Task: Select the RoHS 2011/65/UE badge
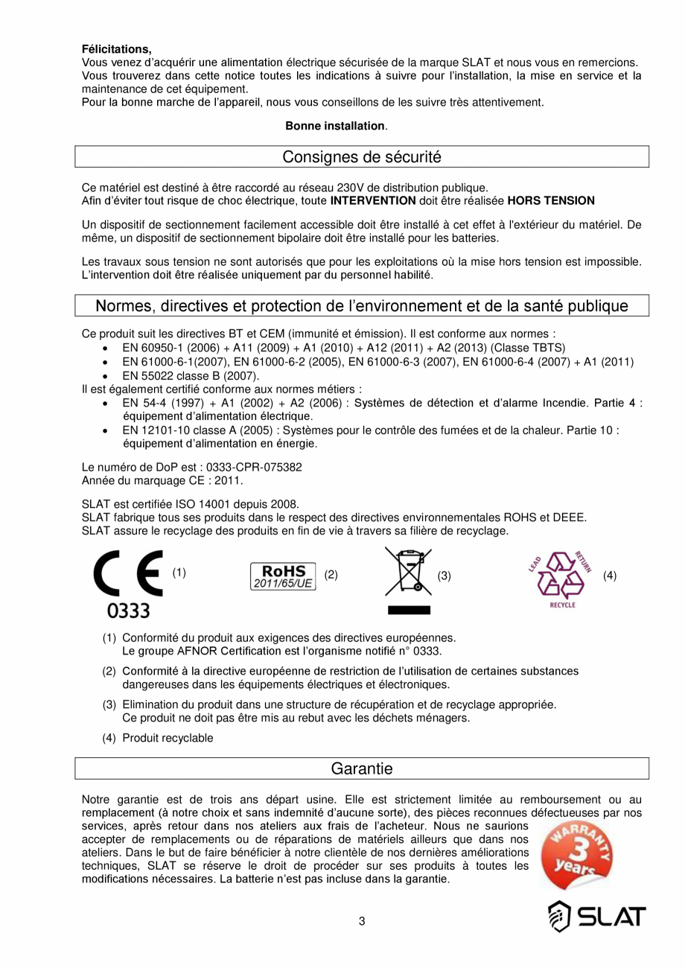(283, 576)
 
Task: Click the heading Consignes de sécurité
(362, 157)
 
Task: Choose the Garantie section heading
(362, 768)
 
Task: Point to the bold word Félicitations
(116, 49)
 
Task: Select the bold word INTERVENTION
(373, 200)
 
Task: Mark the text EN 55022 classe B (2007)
(180, 376)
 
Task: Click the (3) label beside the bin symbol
(445, 576)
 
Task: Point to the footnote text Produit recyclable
(168, 738)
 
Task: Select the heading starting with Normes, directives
(362, 306)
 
